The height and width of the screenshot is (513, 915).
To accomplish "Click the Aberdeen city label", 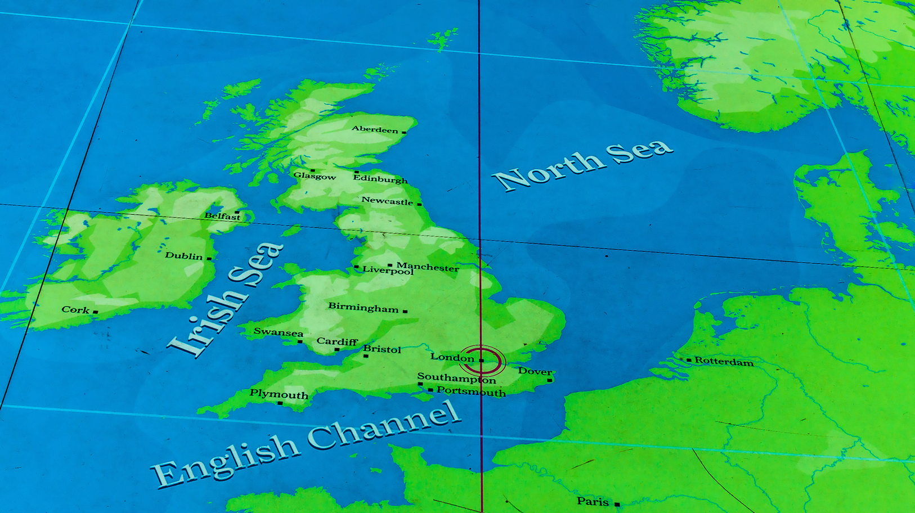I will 375,129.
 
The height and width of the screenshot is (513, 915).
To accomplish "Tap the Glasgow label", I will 315,176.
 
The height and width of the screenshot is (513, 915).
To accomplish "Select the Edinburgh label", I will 380,179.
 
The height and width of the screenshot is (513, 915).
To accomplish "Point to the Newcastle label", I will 387,201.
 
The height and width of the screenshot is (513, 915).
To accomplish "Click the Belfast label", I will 222,216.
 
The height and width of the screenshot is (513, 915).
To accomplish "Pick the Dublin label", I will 183,256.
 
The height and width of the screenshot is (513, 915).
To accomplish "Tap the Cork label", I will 75,309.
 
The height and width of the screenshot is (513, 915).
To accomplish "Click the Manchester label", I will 428,267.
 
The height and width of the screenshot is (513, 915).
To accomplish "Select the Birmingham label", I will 363,307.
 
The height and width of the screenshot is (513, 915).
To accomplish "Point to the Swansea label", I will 278,332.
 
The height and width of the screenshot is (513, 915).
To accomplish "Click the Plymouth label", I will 279,394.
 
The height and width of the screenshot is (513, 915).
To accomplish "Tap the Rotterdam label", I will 724,362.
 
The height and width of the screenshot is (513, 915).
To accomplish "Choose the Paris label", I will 593,501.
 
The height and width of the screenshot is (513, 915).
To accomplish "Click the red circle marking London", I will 482,361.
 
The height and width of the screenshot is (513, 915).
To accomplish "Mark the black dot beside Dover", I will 550,380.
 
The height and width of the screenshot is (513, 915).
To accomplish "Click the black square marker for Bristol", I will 366,356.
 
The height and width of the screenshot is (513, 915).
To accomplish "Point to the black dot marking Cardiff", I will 337,349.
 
